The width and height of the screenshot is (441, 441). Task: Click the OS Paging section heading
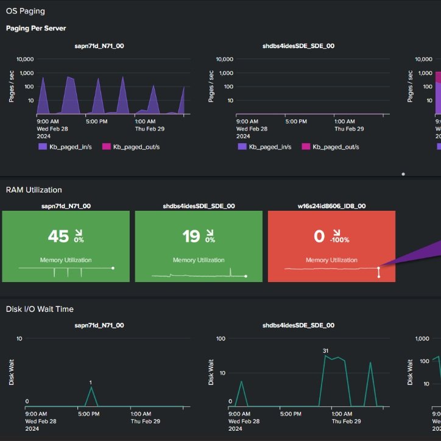(x=26, y=11)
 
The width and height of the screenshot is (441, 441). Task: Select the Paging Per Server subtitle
(x=36, y=28)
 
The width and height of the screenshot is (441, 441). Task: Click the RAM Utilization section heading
(x=34, y=190)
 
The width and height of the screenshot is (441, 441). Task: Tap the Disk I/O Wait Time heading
(x=40, y=309)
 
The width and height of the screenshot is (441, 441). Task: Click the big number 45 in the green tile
(x=58, y=236)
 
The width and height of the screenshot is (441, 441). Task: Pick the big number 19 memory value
(x=191, y=236)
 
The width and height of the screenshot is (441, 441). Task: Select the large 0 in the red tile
(x=319, y=236)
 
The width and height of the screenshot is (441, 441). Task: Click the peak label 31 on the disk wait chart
(x=325, y=351)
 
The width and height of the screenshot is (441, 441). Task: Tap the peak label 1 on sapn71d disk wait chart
(x=91, y=383)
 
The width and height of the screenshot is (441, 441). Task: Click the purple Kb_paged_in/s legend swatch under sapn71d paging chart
(x=43, y=147)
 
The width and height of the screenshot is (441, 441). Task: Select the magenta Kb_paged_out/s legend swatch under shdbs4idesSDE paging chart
(x=306, y=147)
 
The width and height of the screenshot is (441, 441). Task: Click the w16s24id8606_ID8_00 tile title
(x=331, y=206)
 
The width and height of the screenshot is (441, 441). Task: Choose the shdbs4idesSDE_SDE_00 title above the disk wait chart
(x=298, y=325)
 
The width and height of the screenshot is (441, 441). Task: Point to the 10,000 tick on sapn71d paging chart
(x=25, y=59)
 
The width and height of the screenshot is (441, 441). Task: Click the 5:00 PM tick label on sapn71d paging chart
(x=96, y=121)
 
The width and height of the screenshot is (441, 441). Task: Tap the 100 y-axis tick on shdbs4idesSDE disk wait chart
(x=220, y=338)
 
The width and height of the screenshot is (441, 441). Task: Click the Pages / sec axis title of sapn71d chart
(x=11, y=86)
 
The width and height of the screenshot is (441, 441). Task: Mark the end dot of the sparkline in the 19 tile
(x=246, y=276)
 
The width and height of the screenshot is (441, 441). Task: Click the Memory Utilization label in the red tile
(x=331, y=260)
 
